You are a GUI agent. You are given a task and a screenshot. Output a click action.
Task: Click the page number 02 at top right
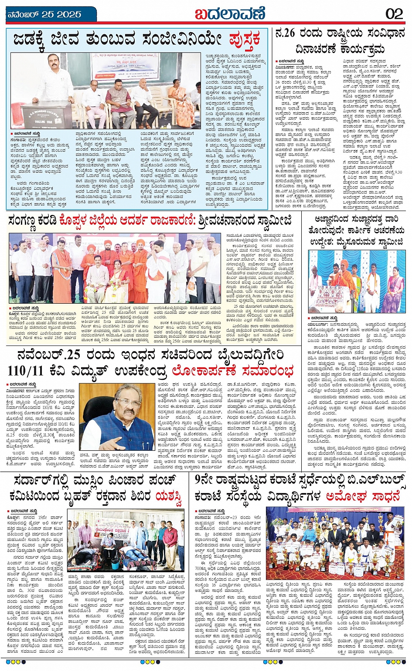click(394, 13)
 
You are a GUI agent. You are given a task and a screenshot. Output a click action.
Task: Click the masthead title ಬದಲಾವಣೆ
click(230, 13)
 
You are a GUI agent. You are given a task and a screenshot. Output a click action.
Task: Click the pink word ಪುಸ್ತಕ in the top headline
click(245, 40)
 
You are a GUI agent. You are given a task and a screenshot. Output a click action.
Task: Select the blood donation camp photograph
click(126, 541)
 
